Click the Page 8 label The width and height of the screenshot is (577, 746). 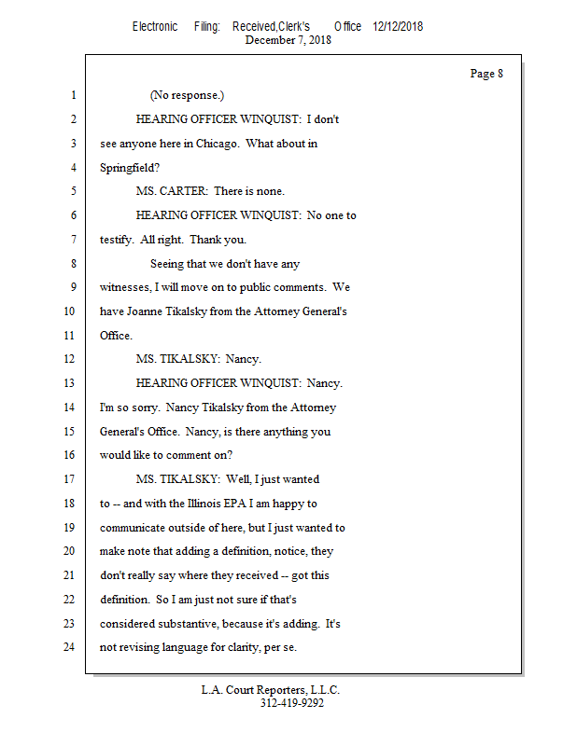pyautogui.click(x=486, y=74)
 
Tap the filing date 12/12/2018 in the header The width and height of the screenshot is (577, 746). pyautogui.click(x=398, y=27)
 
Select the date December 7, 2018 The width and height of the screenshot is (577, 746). pyautogui.click(x=288, y=40)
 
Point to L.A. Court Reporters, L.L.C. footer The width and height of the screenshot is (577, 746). pyautogui.click(x=271, y=690)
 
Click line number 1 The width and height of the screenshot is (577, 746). pyautogui.click(x=72, y=96)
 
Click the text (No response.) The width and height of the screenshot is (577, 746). pyautogui.click(x=187, y=96)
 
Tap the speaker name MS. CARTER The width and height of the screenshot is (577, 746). pyautogui.click(x=172, y=192)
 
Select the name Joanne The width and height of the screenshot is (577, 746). pyautogui.click(x=147, y=312)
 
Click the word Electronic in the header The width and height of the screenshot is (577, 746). pyautogui.click(x=155, y=27)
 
